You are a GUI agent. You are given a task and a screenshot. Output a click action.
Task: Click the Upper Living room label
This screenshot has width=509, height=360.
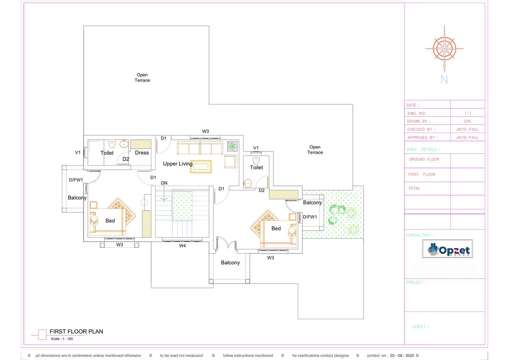point(178,164)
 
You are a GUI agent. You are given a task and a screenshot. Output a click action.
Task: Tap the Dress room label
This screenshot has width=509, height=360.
point(142,153)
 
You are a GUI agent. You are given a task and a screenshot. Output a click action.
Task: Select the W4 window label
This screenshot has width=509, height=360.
point(182,246)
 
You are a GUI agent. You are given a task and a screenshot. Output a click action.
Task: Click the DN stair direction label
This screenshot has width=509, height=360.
point(164,183)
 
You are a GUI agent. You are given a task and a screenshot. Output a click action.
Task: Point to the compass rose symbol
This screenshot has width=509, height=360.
point(445,49)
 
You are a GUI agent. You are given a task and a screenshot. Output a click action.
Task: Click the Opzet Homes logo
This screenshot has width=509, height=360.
point(447,249)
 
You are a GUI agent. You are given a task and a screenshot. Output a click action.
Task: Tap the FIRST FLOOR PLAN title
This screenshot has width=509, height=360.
point(76,332)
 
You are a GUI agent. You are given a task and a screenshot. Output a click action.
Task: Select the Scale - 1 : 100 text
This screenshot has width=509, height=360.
point(62,339)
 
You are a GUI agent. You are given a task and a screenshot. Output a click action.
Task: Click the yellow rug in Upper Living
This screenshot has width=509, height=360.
point(201,167)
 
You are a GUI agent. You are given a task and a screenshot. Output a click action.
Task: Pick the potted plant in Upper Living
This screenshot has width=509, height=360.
point(232,146)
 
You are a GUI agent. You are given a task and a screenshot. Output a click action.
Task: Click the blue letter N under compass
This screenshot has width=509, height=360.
point(444,79)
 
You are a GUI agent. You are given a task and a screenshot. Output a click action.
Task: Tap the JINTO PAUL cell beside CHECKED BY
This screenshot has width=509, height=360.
point(467,129)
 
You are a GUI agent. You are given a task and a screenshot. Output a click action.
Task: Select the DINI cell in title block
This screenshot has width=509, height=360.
point(467,121)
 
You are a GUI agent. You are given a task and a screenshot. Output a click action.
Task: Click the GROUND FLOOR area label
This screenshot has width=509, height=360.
point(424,160)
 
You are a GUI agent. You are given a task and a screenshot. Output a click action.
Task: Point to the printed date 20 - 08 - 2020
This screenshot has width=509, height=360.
point(402,355)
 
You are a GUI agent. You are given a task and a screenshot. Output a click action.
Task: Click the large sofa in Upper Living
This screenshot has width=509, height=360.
point(200,148)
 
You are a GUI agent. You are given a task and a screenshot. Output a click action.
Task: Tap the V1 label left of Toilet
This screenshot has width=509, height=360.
point(78,152)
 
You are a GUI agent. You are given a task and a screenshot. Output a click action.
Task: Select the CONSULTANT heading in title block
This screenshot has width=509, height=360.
point(420,235)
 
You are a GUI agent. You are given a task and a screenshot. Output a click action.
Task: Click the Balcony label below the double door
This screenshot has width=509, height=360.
point(230,263)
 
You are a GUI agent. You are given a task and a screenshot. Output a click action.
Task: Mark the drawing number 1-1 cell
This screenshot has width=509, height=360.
point(468,113)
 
